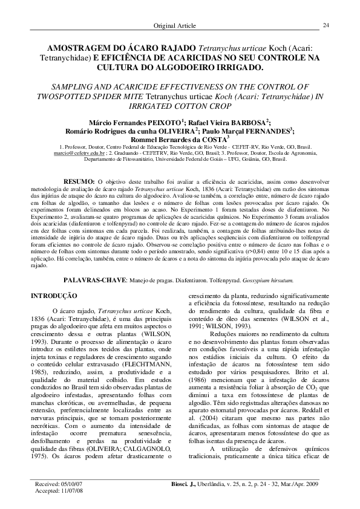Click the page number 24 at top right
(x=326, y=25)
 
